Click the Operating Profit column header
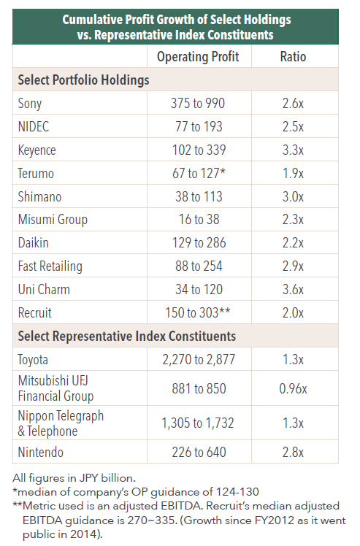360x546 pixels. pos(198,57)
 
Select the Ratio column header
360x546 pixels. pos(293,57)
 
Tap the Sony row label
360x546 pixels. pos(30,104)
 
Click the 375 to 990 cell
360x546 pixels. pos(198,104)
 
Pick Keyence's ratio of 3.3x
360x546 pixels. pos(293,150)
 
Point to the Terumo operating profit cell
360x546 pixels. pos(199,174)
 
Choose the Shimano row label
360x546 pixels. pos(39,197)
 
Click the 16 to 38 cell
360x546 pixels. pos(199,220)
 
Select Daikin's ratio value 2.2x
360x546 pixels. pos(293,243)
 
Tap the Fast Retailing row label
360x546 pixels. pos(50,266)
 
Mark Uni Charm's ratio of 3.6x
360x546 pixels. pos(293,290)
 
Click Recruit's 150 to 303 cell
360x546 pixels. pos(198,312)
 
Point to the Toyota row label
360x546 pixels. pos(33,360)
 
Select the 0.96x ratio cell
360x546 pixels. pos(293,388)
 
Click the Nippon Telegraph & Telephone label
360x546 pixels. pos(61,423)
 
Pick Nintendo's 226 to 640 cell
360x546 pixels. pos(199,453)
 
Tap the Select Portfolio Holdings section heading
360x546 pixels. pos(84,80)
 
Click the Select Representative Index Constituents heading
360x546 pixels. pos(127,337)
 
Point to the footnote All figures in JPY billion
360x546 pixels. pos(74,477)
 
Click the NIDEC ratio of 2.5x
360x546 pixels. pos(293,127)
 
